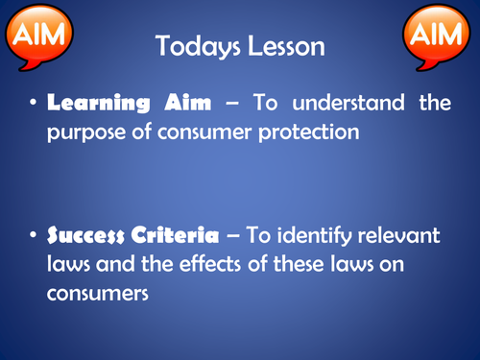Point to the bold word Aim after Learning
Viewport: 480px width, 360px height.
(173, 103)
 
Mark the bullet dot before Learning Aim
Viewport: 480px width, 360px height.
(33, 104)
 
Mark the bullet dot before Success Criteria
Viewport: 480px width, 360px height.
(33, 234)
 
